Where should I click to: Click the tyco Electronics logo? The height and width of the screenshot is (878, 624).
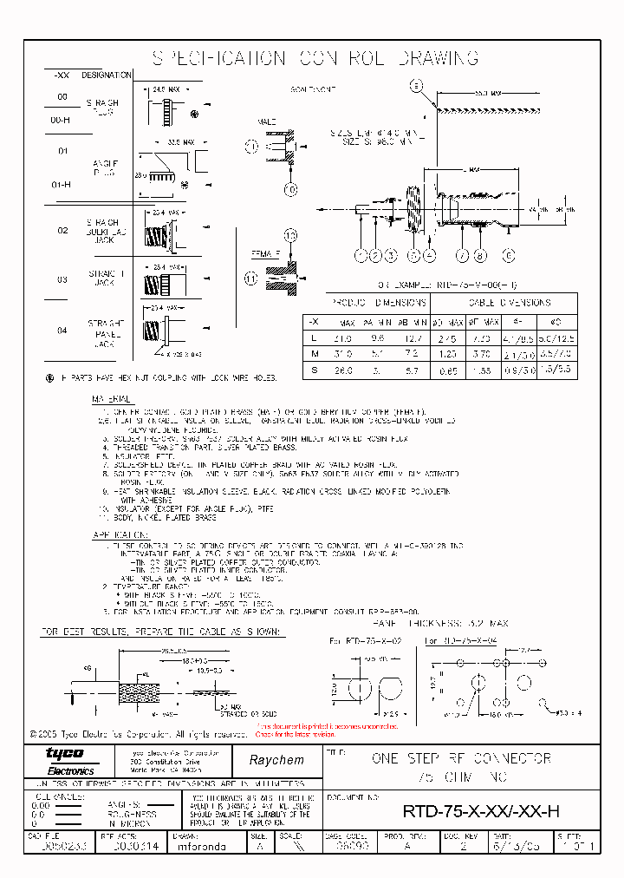pos(65,757)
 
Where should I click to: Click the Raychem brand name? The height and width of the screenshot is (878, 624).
pos(276,759)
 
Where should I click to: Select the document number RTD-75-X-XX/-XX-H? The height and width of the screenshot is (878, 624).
pos(481,811)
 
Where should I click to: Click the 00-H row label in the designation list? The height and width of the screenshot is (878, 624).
pos(61,120)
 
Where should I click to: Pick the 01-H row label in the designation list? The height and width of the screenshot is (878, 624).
pos(61,184)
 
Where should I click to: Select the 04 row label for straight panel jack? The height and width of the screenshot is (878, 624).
pos(62,331)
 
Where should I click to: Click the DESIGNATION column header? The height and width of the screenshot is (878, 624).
pos(106,76)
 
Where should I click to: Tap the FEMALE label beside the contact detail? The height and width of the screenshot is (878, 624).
pos(265,254)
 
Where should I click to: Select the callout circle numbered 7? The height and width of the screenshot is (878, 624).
pos(463,255)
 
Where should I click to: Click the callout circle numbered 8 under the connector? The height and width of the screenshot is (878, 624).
pos(481,255)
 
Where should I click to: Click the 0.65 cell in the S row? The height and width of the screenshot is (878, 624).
pos(448,370)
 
